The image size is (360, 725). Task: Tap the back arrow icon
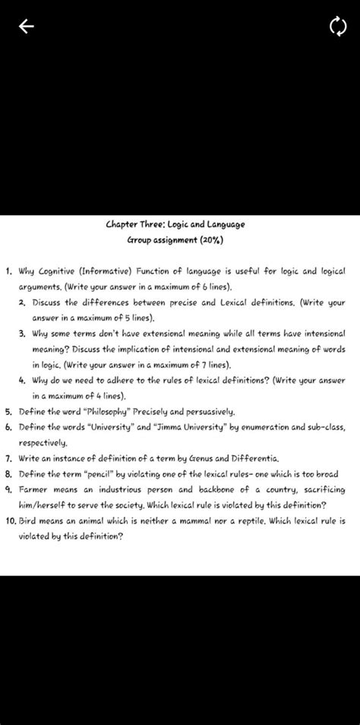click(27, 27)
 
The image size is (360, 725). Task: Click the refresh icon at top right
click(337, 28)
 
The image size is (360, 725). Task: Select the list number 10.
click(10, 521)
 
